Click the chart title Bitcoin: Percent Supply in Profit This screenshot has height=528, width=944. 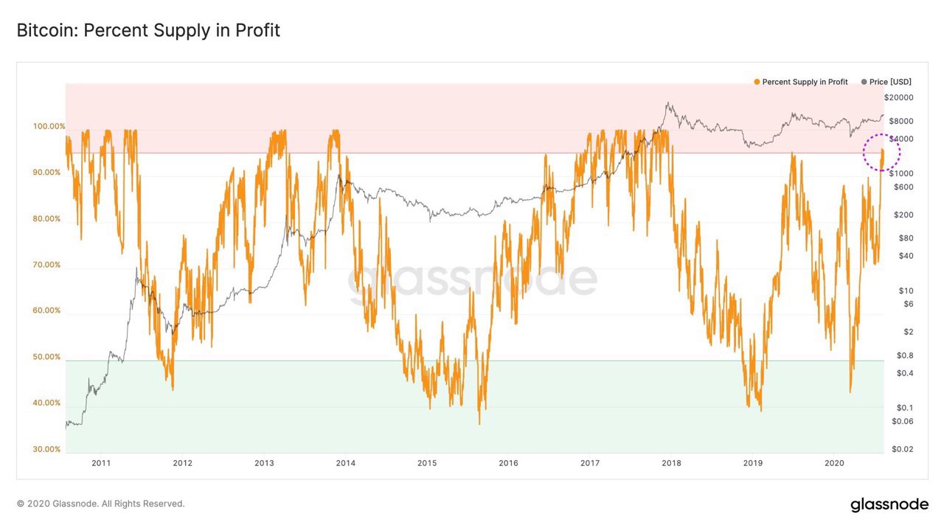point(148,31)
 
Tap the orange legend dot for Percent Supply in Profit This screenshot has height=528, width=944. point(757,82)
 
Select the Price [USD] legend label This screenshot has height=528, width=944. point(890,82)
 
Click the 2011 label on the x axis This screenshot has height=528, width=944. point(101,463)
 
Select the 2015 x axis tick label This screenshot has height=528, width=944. point(427,463)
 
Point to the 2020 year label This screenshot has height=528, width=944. point(834,463)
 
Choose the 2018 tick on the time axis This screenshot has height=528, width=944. point(671,463)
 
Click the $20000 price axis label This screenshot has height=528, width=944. point(899,98)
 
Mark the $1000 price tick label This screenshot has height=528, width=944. point(901,173)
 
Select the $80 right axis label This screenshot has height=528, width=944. point(906,238)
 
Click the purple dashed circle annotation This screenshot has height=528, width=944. point(881,153)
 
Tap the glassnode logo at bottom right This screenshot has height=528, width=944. point(889,504)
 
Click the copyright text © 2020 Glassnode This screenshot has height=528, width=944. point(100,504)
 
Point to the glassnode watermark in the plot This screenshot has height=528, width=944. point(472,280)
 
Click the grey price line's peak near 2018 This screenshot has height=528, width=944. point(668,103)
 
